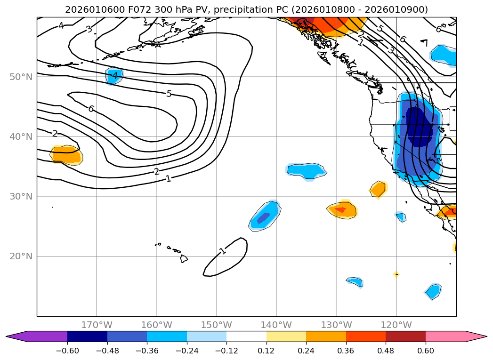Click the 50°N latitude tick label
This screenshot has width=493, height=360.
pyautogui.click(x=21, y=77)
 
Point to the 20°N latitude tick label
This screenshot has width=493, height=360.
pyautogui.click(x=21, y=256)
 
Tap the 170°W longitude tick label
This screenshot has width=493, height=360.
pyautogui.click(x=97, y=325)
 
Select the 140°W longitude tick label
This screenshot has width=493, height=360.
pyautogui.click(x=276, y=325)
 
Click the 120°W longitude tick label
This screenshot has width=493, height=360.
pyautogui.click(x=396, y=325)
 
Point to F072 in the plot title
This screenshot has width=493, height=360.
pyautogui.click(x=123, y=9)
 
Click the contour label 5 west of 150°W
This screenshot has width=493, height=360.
pyautogui.click(x=169, y=94)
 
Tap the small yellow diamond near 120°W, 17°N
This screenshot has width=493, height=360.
pyautogui.click(x=396, y=274)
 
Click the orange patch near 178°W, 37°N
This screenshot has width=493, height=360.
pyautogui.click(x=66, y=155)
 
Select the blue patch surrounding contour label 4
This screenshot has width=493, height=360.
pyautogui.click(x=113, y=76)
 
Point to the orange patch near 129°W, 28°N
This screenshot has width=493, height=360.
pyautogui.click(x=342, y=210)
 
